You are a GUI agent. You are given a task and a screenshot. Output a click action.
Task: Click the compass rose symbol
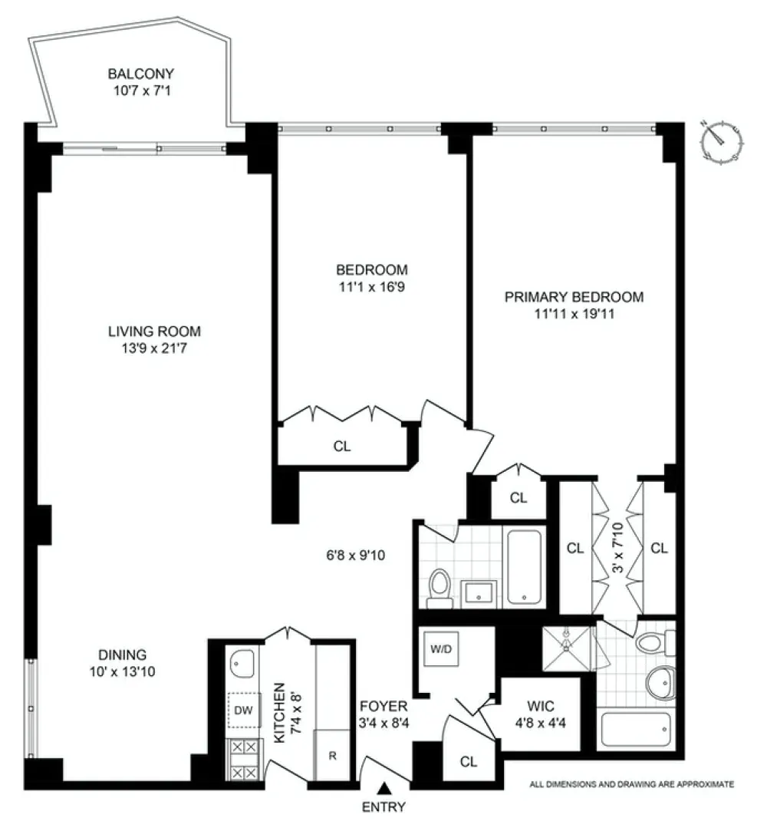(722, 141)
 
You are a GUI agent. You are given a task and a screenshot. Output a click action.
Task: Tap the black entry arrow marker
(384, 789)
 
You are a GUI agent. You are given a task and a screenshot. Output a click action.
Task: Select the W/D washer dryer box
(441, 648)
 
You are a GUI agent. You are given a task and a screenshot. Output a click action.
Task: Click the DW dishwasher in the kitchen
(244, 711)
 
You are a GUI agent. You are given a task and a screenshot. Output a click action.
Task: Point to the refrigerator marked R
(332, 755)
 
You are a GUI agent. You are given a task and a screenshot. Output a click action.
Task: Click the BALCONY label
(141, 74)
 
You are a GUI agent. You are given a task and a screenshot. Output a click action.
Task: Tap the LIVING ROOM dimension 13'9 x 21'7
(154, 348)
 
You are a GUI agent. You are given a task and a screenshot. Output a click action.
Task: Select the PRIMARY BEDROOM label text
(574, 297)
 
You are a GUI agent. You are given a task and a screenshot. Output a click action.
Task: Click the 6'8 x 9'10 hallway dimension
(356, 556)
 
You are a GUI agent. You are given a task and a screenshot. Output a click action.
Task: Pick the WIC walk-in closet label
(541, 706)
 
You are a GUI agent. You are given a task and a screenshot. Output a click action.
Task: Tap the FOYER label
(383, 706)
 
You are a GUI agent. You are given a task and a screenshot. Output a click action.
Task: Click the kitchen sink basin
(242, 664)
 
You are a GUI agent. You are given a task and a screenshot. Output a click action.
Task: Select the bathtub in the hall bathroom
(525, 566)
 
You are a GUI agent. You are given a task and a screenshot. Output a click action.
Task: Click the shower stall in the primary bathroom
(566, 648)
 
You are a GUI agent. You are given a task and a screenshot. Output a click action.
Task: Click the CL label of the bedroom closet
(342, 447)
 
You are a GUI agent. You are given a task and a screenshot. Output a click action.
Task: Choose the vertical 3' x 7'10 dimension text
(617, 547)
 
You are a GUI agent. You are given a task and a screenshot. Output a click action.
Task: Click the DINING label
(123, 655)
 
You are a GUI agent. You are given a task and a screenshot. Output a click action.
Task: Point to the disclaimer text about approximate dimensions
(632, 784)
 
